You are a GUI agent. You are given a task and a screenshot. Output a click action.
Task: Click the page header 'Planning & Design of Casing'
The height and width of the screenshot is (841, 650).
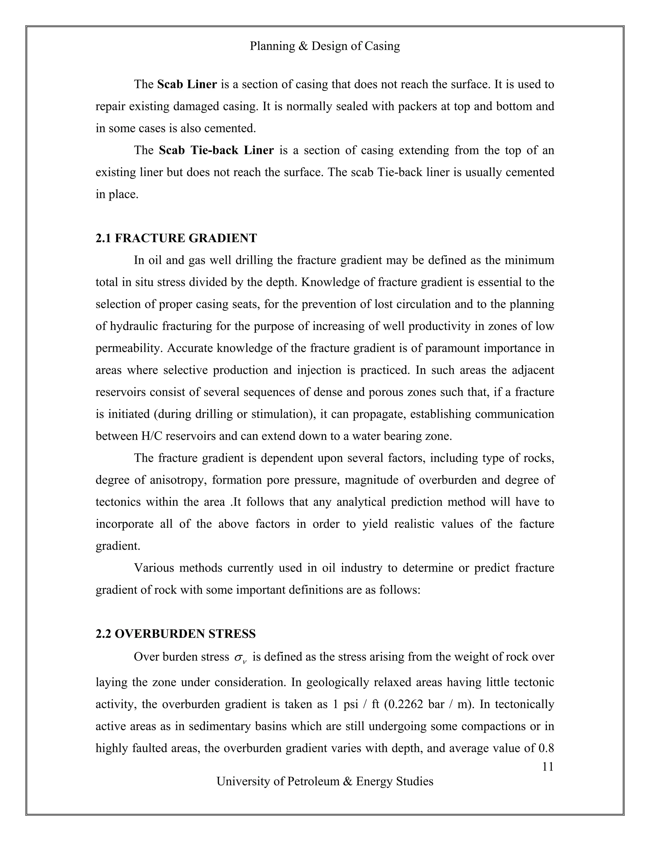[325, 46]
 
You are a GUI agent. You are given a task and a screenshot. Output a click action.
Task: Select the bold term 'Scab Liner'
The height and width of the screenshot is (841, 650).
[187, 84]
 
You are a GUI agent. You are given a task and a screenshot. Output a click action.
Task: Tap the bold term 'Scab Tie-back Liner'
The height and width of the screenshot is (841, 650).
[216, 150]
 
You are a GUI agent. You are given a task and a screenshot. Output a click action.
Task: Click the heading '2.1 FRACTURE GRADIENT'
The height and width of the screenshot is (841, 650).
[176, 238]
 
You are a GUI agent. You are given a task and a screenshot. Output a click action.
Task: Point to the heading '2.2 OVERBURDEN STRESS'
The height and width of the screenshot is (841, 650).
[176, 634]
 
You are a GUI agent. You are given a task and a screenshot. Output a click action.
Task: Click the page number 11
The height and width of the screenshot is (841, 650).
[547, 767]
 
